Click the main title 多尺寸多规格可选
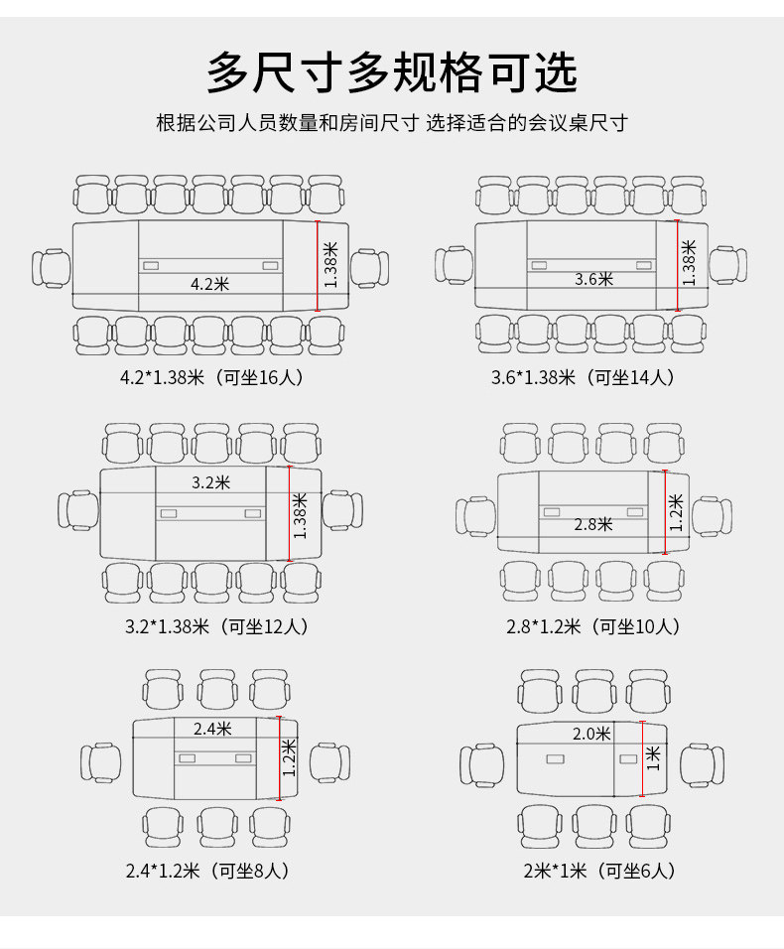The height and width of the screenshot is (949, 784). pyautogui.click(x=391, y=72)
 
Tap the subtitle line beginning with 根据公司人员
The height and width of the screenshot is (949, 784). pyautogui.click(x=391, y=123)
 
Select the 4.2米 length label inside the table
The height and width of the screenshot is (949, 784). pyautogui.click(x=209, y=284)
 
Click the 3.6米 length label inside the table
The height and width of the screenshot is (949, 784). pyautogui.click(x=593, y=279)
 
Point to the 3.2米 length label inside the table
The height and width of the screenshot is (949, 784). pyautogui.click(x=210, y=482)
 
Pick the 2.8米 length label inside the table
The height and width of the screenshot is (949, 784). pyautogui.click(x=593, y=524)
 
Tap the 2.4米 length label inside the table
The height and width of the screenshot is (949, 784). pyautogui.click(x=212, y=729)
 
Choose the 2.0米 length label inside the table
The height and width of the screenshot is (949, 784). pyautogui.click(x=591, y=734)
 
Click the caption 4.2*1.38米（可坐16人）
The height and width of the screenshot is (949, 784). pyautogui.click(x=210, y=377)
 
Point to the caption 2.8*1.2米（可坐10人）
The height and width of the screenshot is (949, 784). pyautogui.click(x=592, y=626)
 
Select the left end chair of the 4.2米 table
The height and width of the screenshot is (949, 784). pyautogui.click(x=51, y=268)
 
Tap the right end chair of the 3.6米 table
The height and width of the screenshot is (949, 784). pyautogui.click(x=727, y=265)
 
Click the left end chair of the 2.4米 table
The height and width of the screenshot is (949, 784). pyautogui.click(x=100, y=762)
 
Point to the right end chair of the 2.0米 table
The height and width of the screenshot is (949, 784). pyautogui.click(x=704, y=763)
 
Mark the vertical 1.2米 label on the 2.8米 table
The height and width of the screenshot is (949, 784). pyautogui.click(x=676, y=512)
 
